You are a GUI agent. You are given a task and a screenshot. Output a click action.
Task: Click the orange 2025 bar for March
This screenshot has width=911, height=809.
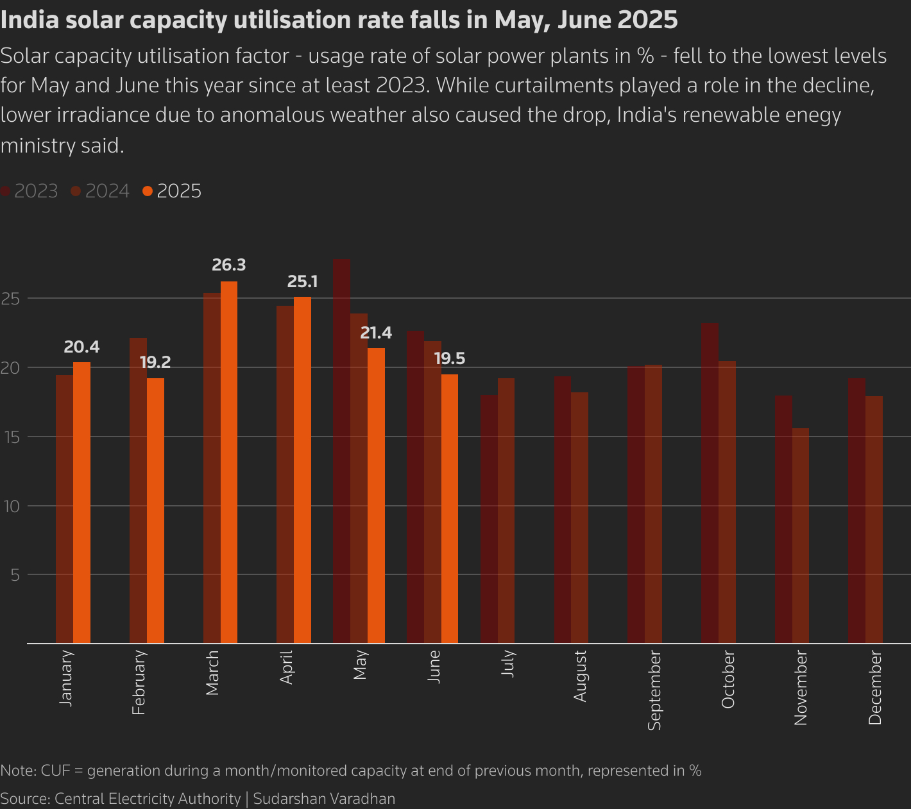pos(229,462)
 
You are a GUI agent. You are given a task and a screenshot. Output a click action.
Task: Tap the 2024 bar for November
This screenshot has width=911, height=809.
pos(800,535)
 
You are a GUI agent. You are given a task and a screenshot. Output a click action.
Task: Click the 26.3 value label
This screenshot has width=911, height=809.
pos(229,265)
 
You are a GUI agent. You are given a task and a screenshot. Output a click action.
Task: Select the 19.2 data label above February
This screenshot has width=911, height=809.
pos(155,362)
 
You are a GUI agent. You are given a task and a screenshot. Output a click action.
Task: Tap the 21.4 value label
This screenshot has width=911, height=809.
pos(376,333)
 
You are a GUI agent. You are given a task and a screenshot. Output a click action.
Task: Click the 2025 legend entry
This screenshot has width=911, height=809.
pos(172,191)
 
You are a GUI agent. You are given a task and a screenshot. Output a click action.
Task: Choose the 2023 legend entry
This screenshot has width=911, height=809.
pos(30,191)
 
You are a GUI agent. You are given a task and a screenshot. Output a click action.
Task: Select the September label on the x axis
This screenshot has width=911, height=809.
pos(654,690)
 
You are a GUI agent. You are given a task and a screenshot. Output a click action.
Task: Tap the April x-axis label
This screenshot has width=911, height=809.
pos(286,667)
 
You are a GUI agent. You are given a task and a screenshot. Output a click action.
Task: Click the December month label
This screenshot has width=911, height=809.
pos(875,687)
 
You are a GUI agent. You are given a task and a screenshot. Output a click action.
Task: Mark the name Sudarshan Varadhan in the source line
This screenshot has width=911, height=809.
pos(324,799)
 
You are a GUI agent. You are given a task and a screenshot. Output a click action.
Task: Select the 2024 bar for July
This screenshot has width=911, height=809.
pos(506,510)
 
